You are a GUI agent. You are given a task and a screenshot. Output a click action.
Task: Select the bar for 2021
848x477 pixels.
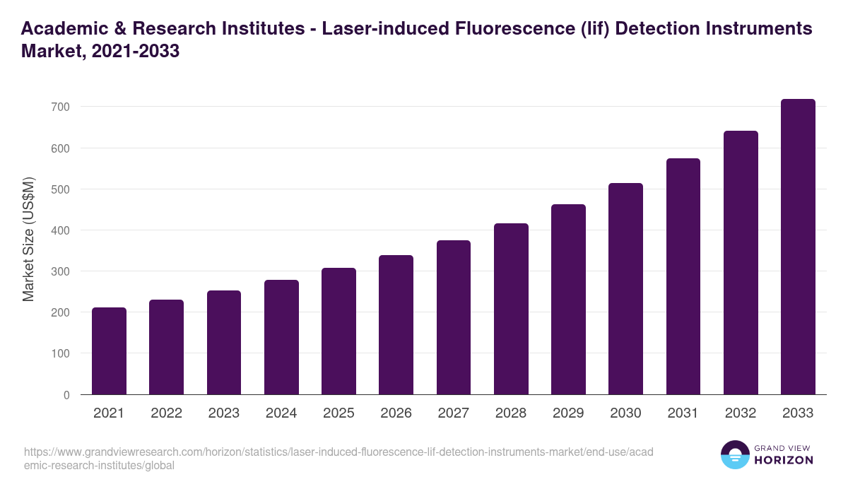tap(109, 351)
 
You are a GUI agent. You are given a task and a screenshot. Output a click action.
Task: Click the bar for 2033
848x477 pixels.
tap(798, 247)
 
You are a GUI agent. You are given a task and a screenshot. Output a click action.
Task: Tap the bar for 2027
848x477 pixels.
tap(454, 317)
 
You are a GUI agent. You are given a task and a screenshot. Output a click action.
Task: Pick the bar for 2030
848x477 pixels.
tap(625, 289)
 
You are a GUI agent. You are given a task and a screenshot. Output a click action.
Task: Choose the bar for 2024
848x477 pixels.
tap(281, 337)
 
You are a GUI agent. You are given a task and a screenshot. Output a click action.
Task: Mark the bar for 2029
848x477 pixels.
tap(568, 300)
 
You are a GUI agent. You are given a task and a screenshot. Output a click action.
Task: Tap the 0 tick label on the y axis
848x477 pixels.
tap(66, 395)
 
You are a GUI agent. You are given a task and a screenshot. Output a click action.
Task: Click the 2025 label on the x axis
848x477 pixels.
tap(338, 413)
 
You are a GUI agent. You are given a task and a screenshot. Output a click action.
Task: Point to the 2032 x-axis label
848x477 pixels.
tap(741, 413)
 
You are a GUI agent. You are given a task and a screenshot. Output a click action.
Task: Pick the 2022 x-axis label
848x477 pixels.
tap(166, 413)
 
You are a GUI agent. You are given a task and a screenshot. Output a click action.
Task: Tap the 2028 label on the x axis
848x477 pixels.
tap(511, 413)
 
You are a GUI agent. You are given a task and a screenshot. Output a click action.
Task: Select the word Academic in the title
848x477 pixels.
tap(64, 29)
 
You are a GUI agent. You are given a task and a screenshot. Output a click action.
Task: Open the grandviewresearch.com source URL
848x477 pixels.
tap(329, 459)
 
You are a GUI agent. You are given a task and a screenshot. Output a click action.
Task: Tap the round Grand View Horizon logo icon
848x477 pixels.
tap(735, 454)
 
